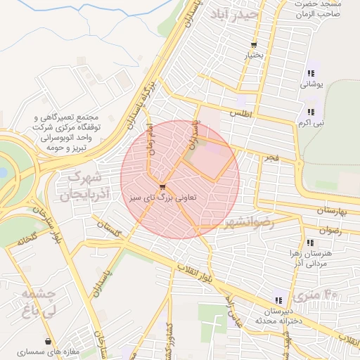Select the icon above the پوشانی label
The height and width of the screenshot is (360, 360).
(x=311, y=73)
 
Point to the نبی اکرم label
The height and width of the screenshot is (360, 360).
(x=310, y=122)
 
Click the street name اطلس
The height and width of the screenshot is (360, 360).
(x=240, y=113)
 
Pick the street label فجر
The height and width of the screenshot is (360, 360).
(x=271, y=159)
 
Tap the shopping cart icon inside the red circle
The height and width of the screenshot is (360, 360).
(x=163, y=186)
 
